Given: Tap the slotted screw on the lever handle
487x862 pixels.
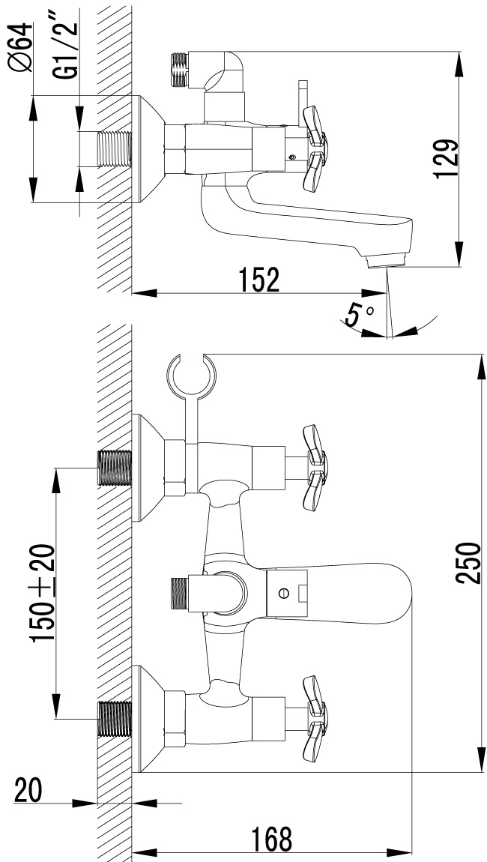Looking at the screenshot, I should click(x=282, y=593).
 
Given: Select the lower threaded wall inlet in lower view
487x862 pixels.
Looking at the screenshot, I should click(x=114, y=718).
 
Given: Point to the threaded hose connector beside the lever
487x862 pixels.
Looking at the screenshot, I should click(x=181, y=592).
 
